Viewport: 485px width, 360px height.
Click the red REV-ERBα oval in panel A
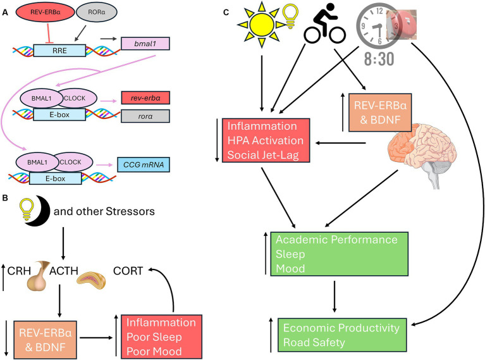point(45,13)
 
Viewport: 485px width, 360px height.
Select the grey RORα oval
point(97,13)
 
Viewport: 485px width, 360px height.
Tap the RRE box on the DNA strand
point(59,51)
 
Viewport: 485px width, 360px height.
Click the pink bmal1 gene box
point(145,44)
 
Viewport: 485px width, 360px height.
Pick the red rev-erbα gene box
point(145,98)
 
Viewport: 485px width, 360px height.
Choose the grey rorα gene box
point(145,116)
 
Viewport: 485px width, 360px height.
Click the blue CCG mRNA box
point(144,164)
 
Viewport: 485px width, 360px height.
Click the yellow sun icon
point(262,24)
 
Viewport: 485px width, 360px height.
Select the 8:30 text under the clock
point(379,59)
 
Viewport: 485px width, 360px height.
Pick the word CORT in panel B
point(128,271)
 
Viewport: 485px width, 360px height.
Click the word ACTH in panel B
point(64,271)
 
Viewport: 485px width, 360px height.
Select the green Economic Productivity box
point(342,335)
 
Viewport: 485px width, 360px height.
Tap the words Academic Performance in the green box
point(336,240)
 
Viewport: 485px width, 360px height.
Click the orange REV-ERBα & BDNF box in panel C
point(380,113)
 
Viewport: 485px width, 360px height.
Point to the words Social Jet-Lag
point(263,155)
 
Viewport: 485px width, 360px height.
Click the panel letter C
point(226,13)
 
